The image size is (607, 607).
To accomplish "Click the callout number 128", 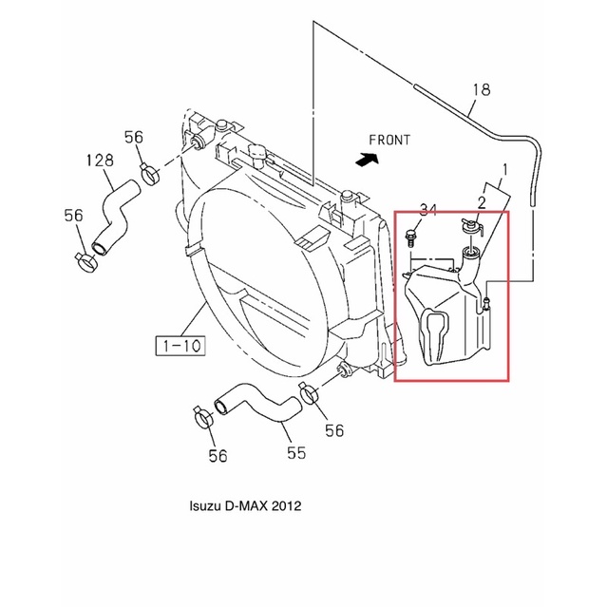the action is (100, 160).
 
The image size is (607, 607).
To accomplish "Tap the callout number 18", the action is (482, 89).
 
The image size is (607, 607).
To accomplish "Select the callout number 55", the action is (296, 452).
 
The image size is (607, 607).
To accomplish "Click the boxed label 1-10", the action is (180, 346).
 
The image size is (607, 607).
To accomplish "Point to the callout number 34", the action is (427, 210).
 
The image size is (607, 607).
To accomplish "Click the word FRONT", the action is (389, 140).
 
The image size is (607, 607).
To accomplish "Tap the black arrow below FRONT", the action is (367, 159).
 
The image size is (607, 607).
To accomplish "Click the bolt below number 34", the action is (410, 238).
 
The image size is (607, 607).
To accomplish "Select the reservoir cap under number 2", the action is (472, 227).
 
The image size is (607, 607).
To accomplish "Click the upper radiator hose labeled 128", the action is (115, 217).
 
